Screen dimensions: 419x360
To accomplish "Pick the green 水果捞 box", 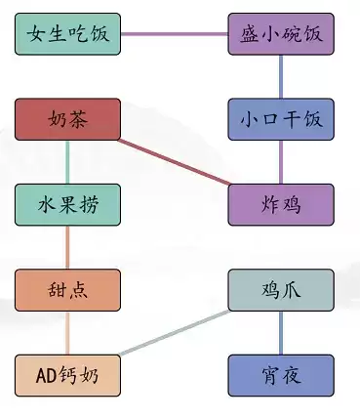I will coord(68,204).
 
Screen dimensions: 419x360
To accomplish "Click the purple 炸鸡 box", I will coord(281,204).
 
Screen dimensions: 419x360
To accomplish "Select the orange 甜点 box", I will coord(68,289).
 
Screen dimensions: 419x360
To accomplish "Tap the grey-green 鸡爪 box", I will coord(281,289).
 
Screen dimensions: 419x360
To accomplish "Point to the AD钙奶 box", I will coord(68,374).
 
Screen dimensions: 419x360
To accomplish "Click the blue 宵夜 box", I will coord(281,374).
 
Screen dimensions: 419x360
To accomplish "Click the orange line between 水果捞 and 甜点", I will coord(68,246).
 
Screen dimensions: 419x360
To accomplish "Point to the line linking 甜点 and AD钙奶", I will coord(68,331).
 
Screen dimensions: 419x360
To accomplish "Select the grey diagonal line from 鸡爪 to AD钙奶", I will coord(175,332).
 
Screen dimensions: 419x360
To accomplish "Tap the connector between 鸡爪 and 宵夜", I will coord(281,331).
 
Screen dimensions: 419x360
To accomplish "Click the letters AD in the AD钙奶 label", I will coord(48,374).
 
